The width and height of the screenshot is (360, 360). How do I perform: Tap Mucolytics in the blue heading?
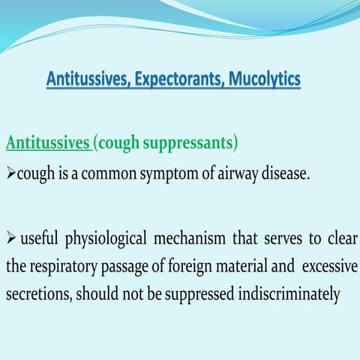tap(264, 79)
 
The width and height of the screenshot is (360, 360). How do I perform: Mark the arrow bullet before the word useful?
tap(10, 239)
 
